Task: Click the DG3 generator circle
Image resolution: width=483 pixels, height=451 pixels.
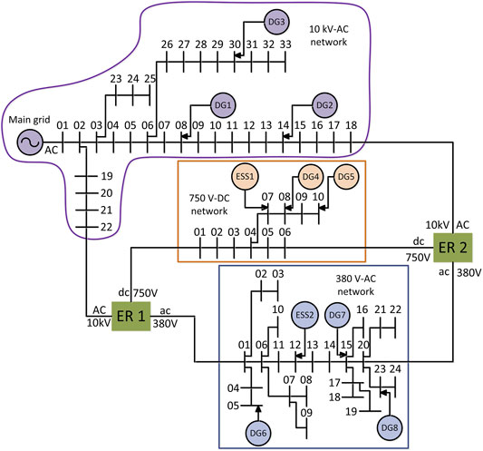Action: (276, 22)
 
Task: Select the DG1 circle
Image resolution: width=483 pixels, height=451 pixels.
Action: (223, 105)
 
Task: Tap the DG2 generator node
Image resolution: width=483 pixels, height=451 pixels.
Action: (324, 105)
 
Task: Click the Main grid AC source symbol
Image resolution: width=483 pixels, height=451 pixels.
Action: (30, 142)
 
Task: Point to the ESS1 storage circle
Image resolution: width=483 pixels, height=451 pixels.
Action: (245, 176)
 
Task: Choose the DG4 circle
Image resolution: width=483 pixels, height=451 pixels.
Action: (311, 176)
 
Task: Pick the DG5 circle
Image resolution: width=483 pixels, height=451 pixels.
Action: (346, 176)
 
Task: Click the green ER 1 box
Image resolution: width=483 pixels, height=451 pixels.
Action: (130, 316)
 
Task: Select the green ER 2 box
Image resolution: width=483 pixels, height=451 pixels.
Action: (452, 248)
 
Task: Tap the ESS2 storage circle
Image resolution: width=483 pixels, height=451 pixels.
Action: (304, 315)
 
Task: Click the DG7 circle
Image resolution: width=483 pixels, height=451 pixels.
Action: (338, 315)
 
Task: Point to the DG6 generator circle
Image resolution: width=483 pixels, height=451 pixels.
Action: (258, 433)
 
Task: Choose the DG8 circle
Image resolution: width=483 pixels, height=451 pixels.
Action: (390, 428)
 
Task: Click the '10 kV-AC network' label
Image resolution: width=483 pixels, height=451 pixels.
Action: (329, 35)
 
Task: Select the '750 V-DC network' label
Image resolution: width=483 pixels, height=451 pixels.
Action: (209, 204)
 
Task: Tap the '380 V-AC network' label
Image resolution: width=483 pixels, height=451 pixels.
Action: (356, 285)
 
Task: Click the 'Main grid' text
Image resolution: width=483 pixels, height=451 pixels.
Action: (29, 120)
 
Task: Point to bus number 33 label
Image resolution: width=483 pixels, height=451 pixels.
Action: (285, 44)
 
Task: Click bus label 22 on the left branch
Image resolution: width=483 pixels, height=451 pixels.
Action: (107, 227)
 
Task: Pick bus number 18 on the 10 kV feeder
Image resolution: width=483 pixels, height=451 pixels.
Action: (351, 125)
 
